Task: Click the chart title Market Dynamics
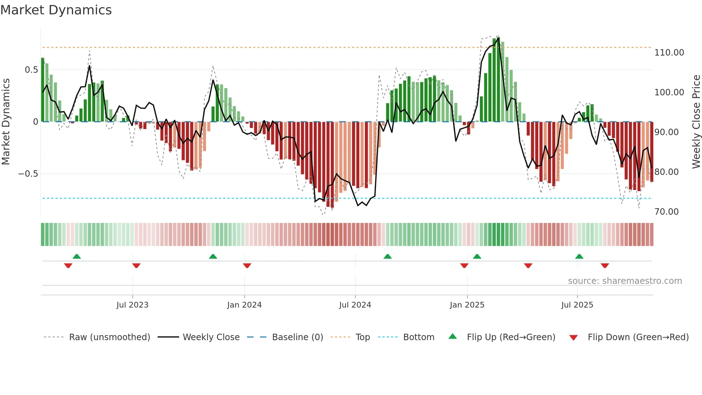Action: click(56, 10)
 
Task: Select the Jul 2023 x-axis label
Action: click(132, 305)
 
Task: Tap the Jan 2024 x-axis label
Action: click(244, 305)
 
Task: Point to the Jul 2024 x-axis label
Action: click(355, 305)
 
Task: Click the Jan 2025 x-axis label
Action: click(467, 305)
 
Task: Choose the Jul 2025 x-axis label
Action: click(577, 305)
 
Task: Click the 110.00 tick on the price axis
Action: click(669, 53)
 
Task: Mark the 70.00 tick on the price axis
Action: click(666, 212)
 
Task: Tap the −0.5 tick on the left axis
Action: click(28, 174)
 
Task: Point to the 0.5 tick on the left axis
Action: click(31, 70)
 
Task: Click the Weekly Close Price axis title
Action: click(696, 122)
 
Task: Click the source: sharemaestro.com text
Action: click(625, 281)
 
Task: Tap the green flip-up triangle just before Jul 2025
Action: click(579, 256)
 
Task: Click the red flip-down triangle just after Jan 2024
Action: click(247, 266)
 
